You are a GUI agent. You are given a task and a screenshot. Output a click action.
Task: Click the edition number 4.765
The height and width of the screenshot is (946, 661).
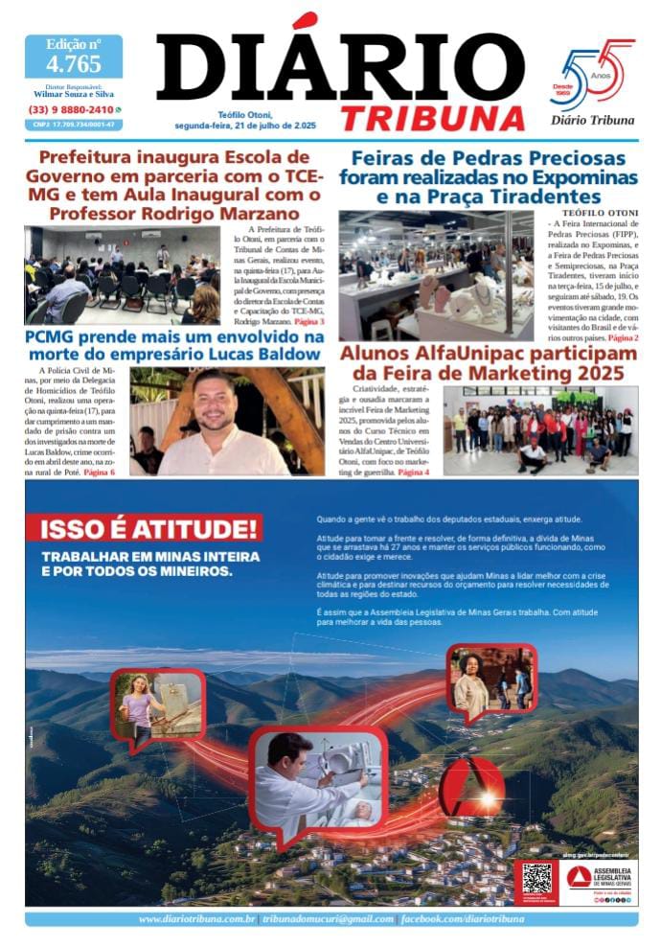point(74,64)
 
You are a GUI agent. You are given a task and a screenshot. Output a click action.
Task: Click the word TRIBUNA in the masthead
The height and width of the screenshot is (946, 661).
point(433,118)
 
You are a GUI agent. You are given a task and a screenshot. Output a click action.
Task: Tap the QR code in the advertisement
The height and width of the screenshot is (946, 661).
point(536,880)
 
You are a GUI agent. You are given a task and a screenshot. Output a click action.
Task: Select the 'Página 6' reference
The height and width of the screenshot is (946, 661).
point(100,473)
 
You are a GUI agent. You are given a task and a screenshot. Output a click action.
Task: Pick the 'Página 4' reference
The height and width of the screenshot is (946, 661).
point(414,473)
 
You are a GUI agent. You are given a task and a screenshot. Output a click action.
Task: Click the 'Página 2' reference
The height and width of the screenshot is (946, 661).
point(624,338)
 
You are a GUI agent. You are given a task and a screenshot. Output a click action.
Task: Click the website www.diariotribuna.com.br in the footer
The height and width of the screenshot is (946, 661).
point(195,919)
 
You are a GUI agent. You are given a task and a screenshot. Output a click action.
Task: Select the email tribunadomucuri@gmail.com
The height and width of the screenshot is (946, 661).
point(327,919)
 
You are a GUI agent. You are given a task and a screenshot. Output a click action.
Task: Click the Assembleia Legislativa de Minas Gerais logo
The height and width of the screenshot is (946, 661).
point(600,878)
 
